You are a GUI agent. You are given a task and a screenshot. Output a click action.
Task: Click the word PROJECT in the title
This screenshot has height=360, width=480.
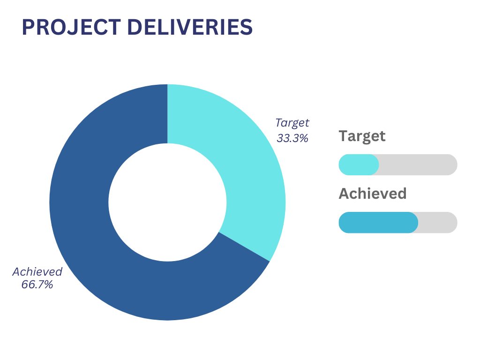tap(71, 27)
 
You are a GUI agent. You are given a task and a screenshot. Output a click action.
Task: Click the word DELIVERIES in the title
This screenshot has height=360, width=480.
tap(190, 27)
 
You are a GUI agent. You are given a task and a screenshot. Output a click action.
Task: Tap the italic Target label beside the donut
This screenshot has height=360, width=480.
tap(292, 123)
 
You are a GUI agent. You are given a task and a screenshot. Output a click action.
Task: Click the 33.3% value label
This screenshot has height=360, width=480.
tap(292, 138)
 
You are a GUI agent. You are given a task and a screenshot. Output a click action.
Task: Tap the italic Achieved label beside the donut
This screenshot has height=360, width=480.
tap(37, 271)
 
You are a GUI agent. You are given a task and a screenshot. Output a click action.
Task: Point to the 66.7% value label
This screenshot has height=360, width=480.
tap(37, 285)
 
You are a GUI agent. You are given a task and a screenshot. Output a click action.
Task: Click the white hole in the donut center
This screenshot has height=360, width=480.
tap(167, 202)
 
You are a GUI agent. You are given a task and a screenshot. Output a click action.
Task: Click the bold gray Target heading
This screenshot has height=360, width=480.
tap(362, 136)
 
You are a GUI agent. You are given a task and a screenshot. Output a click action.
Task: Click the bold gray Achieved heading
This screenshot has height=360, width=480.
tap(373, 194)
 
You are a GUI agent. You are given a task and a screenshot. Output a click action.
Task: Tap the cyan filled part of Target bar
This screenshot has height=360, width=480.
tap(359, 165)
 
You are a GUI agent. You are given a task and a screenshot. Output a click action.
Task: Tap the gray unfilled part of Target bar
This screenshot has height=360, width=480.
tap(418, 165)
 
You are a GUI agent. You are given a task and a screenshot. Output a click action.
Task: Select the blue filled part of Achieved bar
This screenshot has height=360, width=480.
tap(378, 223)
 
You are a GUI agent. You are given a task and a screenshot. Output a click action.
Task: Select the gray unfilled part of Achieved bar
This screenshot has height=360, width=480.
tap(438, 223)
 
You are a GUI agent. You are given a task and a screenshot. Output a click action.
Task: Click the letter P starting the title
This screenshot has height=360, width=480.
tap(28, 27)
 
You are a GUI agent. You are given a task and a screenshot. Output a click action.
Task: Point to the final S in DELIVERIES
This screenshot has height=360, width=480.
tap(247, 27)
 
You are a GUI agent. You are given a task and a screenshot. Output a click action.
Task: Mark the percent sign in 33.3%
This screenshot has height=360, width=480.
tap(303, 138)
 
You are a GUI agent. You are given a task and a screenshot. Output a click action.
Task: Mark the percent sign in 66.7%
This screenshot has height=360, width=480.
tap(48, 285)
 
